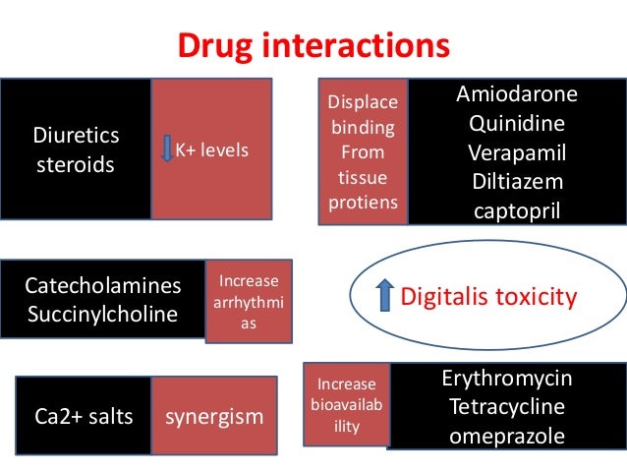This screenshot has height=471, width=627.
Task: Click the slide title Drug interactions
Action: [x=313, y=46]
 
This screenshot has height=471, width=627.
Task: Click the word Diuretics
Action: [x=76, y=135]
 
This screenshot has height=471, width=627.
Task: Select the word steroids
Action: [x=76, y=163]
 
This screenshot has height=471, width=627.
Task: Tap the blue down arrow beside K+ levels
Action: [x=166, y=150]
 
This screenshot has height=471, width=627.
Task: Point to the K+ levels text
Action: [x=212, y=150]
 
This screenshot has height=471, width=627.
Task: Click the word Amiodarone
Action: [x=517, y=95]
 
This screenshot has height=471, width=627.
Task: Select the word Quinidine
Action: [x=517, y=125]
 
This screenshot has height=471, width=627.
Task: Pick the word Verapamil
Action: [x=517, y=153]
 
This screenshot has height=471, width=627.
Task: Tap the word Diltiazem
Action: [x=517, y=182]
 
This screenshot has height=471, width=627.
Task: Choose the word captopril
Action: [x=517, y=210]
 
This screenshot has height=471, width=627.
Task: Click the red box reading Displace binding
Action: [x=363, y=152]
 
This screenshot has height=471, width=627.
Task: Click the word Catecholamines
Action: [x=103, y=286]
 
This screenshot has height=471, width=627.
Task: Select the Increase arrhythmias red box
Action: [x=249, y=301]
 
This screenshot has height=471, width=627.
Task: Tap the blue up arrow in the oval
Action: [x=385, y=296]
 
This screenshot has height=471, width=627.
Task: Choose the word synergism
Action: [x=214, y=416]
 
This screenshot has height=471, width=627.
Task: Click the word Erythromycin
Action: [x=507, y=379]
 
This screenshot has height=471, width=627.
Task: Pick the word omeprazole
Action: [x=507, y=436]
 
